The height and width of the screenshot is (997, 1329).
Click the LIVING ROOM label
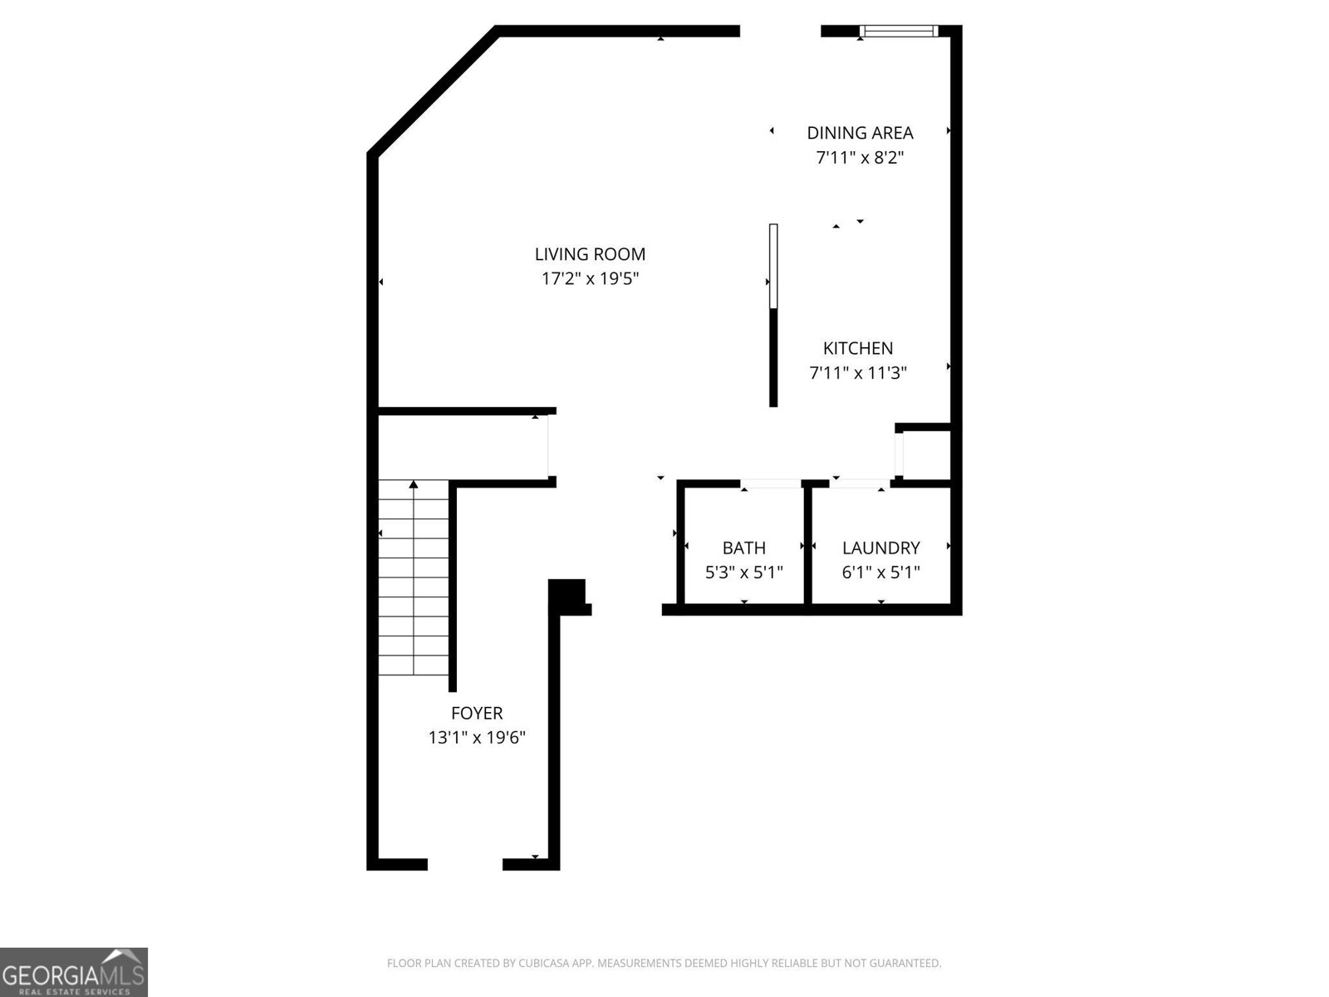coord(590,254)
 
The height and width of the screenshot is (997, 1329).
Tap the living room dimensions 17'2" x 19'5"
coord(590,278)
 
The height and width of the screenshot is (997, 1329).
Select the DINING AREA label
coord(860,133)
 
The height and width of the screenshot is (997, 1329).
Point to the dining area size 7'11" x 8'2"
coord(860,157)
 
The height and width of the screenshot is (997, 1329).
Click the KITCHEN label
coord(858,348)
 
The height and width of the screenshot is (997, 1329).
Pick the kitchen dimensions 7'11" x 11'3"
coord(858,373)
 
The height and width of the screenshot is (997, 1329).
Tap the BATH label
coord(743,548)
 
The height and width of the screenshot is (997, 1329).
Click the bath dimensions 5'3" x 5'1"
coord(743,572)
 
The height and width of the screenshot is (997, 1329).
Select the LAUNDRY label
coord(880,548)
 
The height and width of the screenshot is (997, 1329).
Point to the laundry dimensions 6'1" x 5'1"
coord(880,572)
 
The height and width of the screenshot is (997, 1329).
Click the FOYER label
coord(477,713)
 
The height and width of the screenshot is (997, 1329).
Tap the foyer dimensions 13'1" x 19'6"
coord(477,737)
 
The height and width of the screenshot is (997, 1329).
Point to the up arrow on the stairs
coord(414,484)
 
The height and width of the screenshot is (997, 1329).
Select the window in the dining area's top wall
coord(898,32)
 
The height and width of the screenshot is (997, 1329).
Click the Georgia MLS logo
coord(74,972)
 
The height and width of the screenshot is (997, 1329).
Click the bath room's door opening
coord(770,484)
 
